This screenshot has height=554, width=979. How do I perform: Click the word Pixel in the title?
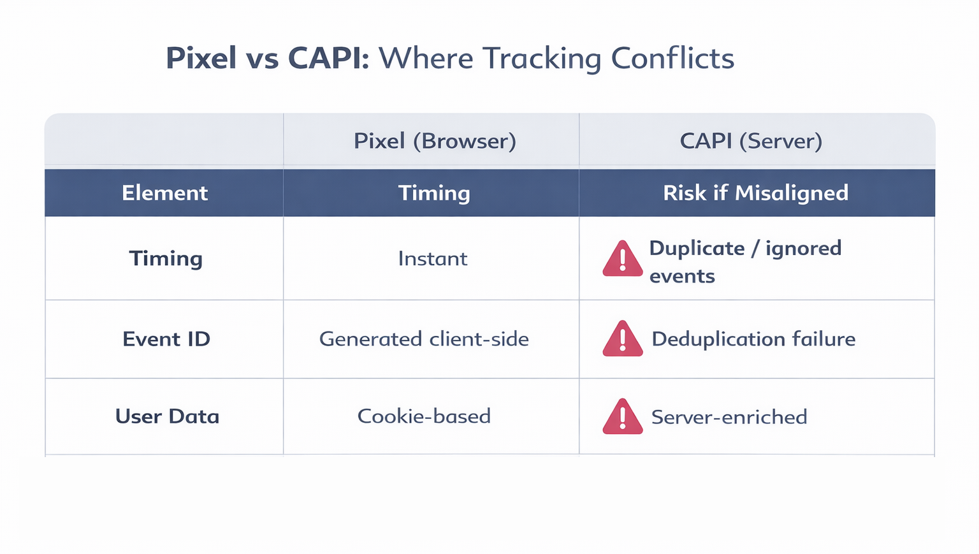point(201,58)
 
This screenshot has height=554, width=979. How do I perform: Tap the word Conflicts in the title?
point(672,58)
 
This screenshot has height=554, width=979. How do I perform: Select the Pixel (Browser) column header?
point(435,141)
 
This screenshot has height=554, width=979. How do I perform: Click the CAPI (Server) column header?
point(751,141)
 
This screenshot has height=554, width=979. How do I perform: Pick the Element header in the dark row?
point(164,193)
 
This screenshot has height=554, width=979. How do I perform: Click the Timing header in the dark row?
point(434,193)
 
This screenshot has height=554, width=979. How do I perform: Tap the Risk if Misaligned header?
point(755,193)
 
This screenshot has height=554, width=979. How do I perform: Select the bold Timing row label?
point(166,259)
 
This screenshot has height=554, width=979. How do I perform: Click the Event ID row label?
point(166,339)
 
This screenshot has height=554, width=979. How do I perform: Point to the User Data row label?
point(167,417)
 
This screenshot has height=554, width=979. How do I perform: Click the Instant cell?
point(433,259)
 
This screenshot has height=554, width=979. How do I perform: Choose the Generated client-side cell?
point(424,339)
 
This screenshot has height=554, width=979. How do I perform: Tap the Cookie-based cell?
point(424,417)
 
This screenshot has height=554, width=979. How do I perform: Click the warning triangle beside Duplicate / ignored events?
point(622,260)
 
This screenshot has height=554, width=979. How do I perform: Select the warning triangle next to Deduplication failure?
point(622,340)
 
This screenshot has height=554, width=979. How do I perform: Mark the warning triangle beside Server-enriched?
point(622,418)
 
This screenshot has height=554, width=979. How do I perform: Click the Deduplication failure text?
point(753,339)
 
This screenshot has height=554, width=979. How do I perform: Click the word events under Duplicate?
point(682,277)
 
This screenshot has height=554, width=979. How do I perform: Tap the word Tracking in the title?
point(541,58)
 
